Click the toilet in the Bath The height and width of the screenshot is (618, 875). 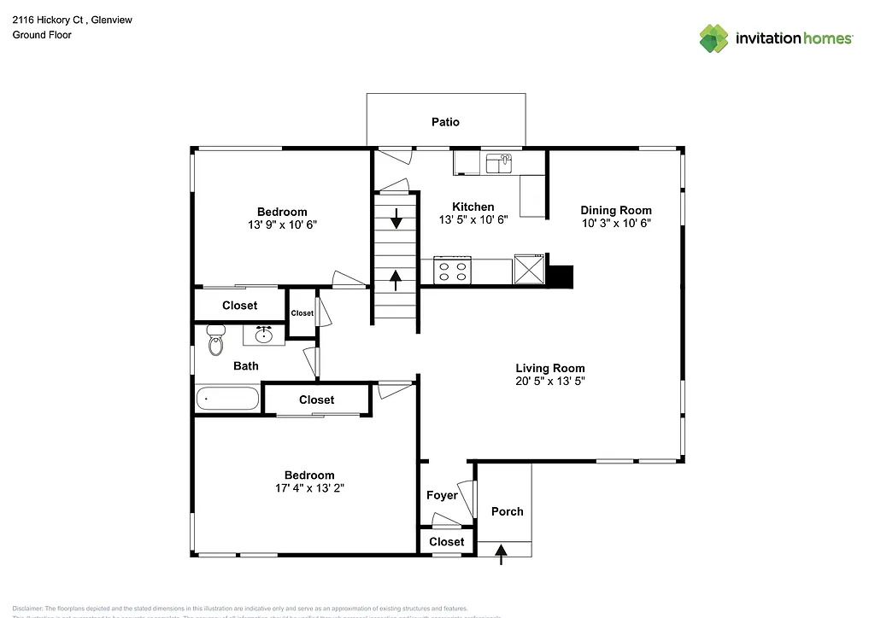click(215, 343)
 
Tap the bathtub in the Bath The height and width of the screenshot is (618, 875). click(227, 399)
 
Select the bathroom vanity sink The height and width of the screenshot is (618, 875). click(264, 335)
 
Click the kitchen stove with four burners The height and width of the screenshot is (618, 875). click(453, 271)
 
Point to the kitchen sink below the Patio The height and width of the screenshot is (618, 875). click(498, 162)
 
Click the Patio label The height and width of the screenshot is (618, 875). click(445, 122)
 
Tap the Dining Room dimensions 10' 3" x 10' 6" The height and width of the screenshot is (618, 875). click(616, 223)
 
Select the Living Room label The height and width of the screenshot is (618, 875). click(550, 368)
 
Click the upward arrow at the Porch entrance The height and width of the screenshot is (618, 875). click(502, 555)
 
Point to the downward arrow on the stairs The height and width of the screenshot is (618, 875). click(396, 218)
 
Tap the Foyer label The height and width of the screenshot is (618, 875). click(442, 495)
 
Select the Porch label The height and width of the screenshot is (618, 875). click(507, 511)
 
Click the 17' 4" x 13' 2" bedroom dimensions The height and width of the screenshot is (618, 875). click(309, 488)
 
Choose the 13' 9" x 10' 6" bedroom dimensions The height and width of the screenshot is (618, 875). click(282, 224)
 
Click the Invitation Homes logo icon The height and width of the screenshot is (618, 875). click(714, 38)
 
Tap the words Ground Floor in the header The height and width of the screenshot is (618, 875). click(42, 35)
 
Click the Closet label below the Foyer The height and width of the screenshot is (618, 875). click(446, 542)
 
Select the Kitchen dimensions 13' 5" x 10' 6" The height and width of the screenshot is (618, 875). click(473, 219)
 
